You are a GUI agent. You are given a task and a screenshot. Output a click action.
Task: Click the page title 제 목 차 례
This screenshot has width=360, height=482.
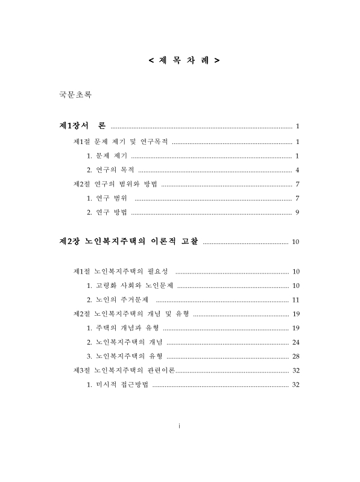point(183,61)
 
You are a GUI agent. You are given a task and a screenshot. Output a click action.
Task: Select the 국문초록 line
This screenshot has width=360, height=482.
point(75,95)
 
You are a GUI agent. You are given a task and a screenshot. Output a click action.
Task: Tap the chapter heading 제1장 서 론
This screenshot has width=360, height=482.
point(82,126)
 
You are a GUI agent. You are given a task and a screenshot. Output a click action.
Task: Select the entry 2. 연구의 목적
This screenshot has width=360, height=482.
point(110,169)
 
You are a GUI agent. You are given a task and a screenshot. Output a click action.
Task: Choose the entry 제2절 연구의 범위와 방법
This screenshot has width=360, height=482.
point(115,184)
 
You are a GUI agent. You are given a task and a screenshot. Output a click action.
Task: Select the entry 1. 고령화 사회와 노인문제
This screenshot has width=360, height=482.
point(129,286)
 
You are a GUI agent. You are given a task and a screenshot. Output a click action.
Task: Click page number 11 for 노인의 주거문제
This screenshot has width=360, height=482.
point(295,299)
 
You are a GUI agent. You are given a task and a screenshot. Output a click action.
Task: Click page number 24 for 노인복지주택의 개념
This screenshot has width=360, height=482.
point(295,342)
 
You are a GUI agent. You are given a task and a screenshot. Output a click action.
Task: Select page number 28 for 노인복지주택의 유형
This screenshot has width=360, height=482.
point(295,356)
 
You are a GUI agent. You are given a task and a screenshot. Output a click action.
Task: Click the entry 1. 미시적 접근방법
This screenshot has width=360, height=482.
point(118,385)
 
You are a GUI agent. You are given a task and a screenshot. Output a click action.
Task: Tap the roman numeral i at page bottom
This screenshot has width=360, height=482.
point(180,426)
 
